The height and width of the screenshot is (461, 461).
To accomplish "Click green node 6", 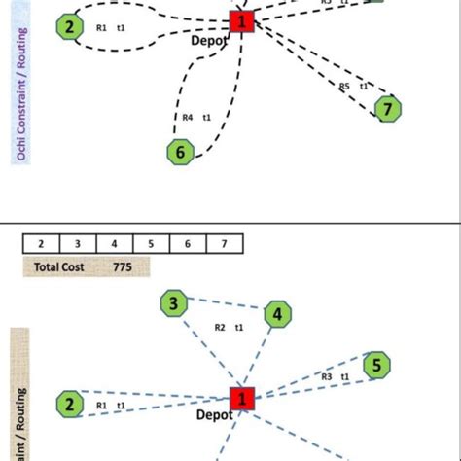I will point(179,151).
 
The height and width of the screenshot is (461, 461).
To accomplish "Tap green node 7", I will point(388,109).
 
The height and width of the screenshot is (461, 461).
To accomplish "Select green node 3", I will point(173,305).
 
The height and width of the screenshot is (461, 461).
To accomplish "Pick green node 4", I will point(277,314).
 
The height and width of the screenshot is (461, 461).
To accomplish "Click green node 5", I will point(375,366).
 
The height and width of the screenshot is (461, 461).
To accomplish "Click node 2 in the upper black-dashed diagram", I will point(68,26).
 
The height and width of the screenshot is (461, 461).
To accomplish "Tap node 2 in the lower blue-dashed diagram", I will point(68,403).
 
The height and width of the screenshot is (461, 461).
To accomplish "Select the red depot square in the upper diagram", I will point(242,20).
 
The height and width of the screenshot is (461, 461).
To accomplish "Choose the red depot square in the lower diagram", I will point(242,398).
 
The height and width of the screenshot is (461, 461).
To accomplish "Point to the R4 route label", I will point(188,118).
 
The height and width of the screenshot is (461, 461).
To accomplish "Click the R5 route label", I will point(344,87).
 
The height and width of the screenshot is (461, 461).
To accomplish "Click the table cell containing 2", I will point(41,243).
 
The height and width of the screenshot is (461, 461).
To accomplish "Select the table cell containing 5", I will point(151,243).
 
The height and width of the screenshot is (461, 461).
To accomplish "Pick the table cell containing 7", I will point(224,243).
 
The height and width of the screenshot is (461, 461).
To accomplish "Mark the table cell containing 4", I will point(114,243).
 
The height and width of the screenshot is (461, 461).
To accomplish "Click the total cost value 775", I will point(122,266).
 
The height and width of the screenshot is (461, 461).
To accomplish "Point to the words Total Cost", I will point(60,266).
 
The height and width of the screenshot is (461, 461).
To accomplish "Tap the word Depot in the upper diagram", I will point(211,40).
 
